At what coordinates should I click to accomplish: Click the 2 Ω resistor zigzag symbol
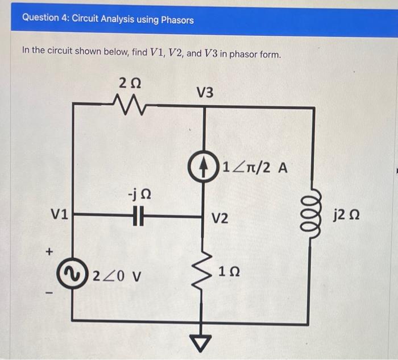point(131,104)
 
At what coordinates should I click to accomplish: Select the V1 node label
point(59,215)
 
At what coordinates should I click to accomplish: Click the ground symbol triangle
point(205,340)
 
